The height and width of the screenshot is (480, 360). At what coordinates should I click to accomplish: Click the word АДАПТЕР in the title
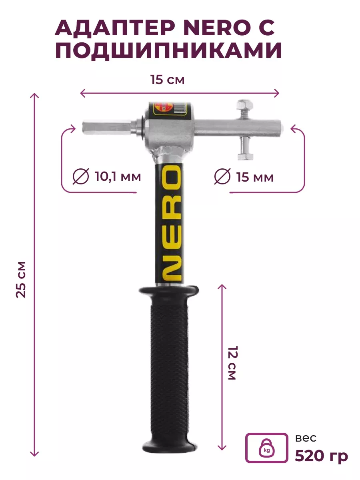point(115,28)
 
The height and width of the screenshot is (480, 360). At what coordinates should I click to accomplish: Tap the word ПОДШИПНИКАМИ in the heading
point(168,51)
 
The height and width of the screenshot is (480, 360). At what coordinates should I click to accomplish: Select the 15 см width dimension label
point(168,80)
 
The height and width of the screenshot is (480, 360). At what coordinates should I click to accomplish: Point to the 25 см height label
point(21,279)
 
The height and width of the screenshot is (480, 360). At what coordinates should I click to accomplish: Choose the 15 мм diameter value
point(255,177)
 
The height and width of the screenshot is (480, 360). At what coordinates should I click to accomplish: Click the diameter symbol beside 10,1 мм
point(81,176)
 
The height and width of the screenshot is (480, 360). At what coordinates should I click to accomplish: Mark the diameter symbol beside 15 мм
point(222,176)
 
